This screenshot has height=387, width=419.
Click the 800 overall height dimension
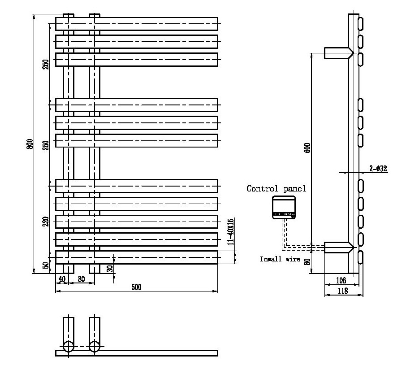coord(30,143)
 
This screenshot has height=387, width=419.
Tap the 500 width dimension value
coord(136,287)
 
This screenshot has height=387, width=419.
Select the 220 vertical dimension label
coord(46,221)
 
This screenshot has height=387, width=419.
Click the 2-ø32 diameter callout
coord(378,169)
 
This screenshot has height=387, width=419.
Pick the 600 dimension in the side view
coord(307,148)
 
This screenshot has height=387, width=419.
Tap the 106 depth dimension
coord(341,281)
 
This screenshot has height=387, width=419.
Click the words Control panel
coord(276,189)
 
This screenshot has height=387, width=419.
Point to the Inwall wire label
coord(280,259)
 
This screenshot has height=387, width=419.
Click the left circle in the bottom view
coord(68,347)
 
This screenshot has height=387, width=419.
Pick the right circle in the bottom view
coord(94,347)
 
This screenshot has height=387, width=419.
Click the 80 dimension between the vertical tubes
coord(81,279)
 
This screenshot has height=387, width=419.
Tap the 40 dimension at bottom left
coord(62,279)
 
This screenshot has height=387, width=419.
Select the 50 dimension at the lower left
coord(46,265)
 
